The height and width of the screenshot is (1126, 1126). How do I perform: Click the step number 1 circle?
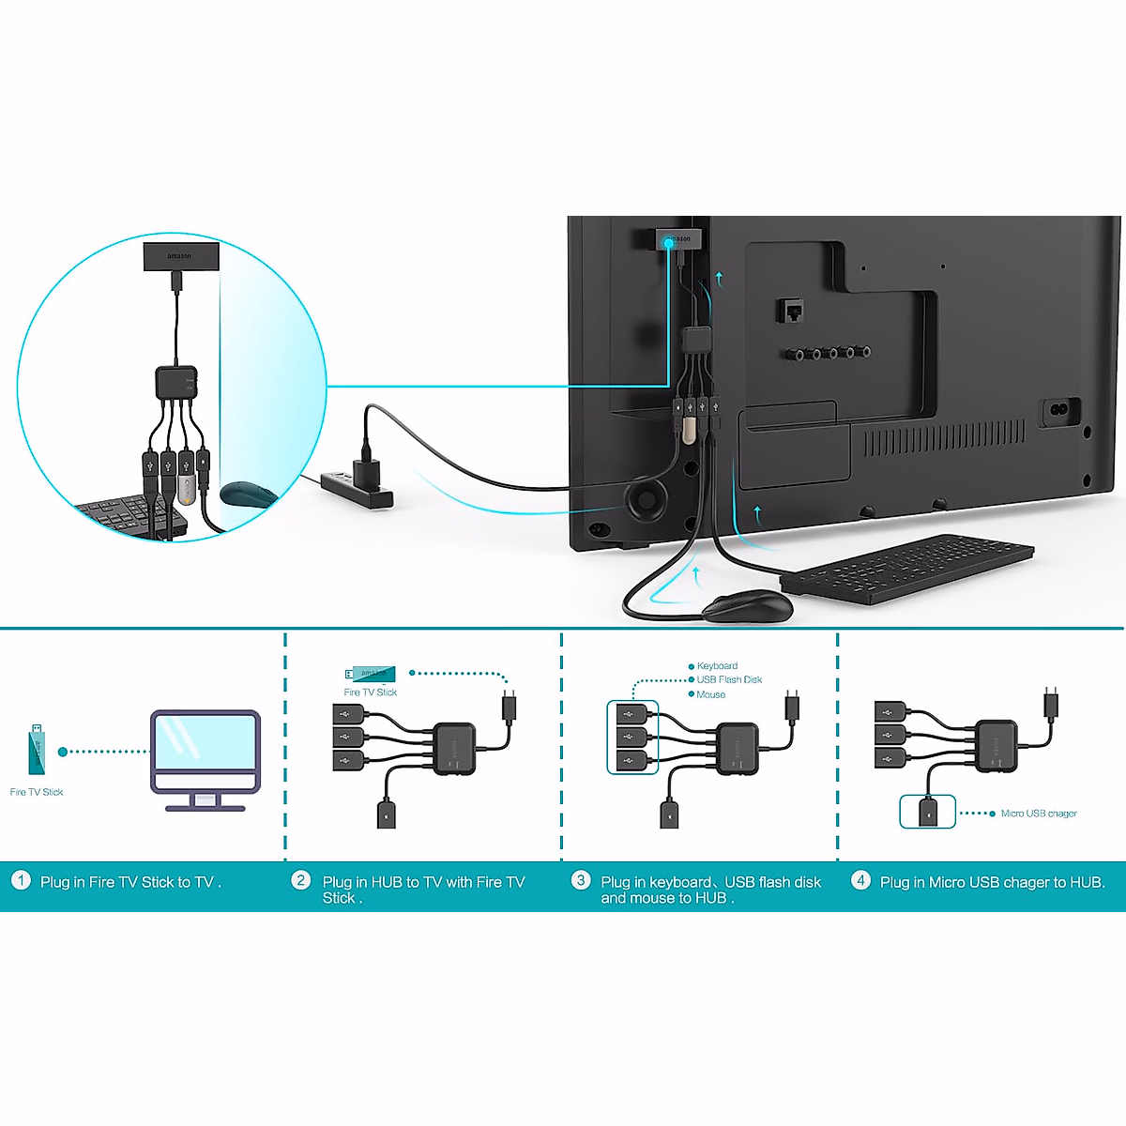coord(21,880)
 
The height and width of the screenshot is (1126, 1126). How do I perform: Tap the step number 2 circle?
coord(301,880)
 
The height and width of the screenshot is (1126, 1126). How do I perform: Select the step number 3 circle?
coord(581,880)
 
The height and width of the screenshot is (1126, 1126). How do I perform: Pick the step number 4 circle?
coord(860,880)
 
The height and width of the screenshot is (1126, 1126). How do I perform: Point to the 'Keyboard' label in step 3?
coord(717,666)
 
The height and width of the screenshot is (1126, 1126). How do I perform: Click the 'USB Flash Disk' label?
coord(729,680)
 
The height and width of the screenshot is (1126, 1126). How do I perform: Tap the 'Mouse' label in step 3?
coord(710,695)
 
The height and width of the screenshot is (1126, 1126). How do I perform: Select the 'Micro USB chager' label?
coord(1039,814)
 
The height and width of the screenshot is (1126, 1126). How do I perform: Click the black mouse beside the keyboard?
coord(748,607)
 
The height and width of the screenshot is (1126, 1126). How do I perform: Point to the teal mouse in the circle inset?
coord(248,494)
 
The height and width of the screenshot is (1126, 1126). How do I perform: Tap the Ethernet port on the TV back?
coord(790,311)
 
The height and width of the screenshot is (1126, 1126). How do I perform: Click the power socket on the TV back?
coord(1059,411)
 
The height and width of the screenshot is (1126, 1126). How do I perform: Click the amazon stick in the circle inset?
coord(181,255)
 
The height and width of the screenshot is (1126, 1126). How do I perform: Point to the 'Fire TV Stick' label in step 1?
coord(37,792)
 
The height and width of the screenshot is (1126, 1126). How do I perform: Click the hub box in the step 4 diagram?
coord(997,746)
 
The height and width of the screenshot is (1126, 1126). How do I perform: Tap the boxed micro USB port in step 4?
coord(928,812)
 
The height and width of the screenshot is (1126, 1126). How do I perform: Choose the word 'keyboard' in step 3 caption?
coord(680,882)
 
